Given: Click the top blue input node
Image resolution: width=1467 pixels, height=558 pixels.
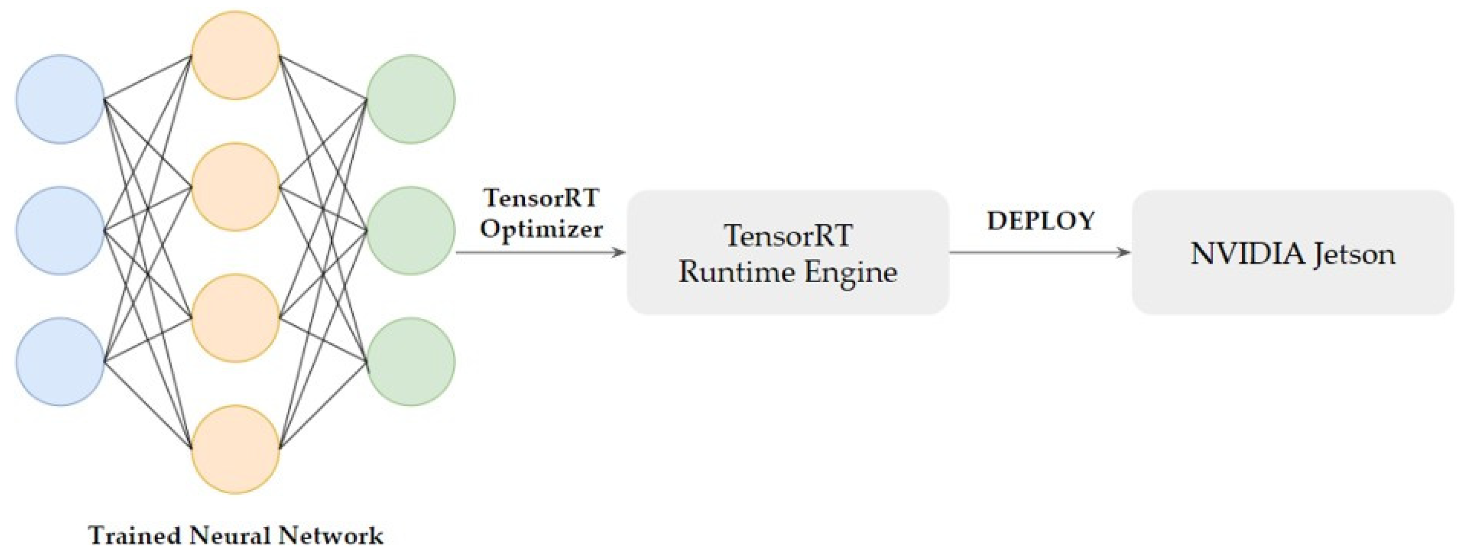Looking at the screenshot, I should tap(60, 99).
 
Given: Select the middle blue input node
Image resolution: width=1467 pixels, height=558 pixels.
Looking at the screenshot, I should tap(60, 231).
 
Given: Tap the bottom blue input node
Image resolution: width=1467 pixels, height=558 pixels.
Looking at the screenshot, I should tap(60, 362).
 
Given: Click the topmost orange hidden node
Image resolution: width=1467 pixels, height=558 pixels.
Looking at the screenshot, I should tap(235, 55).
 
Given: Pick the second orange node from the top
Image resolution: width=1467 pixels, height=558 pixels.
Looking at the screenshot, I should tap(235, 187).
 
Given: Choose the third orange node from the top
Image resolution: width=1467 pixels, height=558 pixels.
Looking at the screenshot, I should tap(235, 318).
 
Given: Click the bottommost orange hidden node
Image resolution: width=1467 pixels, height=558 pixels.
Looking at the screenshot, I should tap(235, 449).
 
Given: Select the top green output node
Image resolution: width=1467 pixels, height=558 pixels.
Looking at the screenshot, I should tap(411, 99).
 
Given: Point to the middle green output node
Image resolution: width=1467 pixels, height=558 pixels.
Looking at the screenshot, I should tap(411, 231).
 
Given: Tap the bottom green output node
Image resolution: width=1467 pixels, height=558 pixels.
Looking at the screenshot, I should tap(411, 362).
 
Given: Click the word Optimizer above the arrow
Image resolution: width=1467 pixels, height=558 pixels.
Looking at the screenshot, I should tap(541, 229).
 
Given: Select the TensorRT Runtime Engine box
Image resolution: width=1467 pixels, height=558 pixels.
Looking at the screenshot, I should tap(788, 252).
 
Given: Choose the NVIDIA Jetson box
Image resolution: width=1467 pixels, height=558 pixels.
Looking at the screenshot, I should tap(1293, 252).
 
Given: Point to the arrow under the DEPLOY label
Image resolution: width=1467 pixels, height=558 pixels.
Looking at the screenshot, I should tap(1040, 252).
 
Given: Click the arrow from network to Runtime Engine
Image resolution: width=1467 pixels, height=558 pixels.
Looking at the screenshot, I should tap(541, 252).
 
